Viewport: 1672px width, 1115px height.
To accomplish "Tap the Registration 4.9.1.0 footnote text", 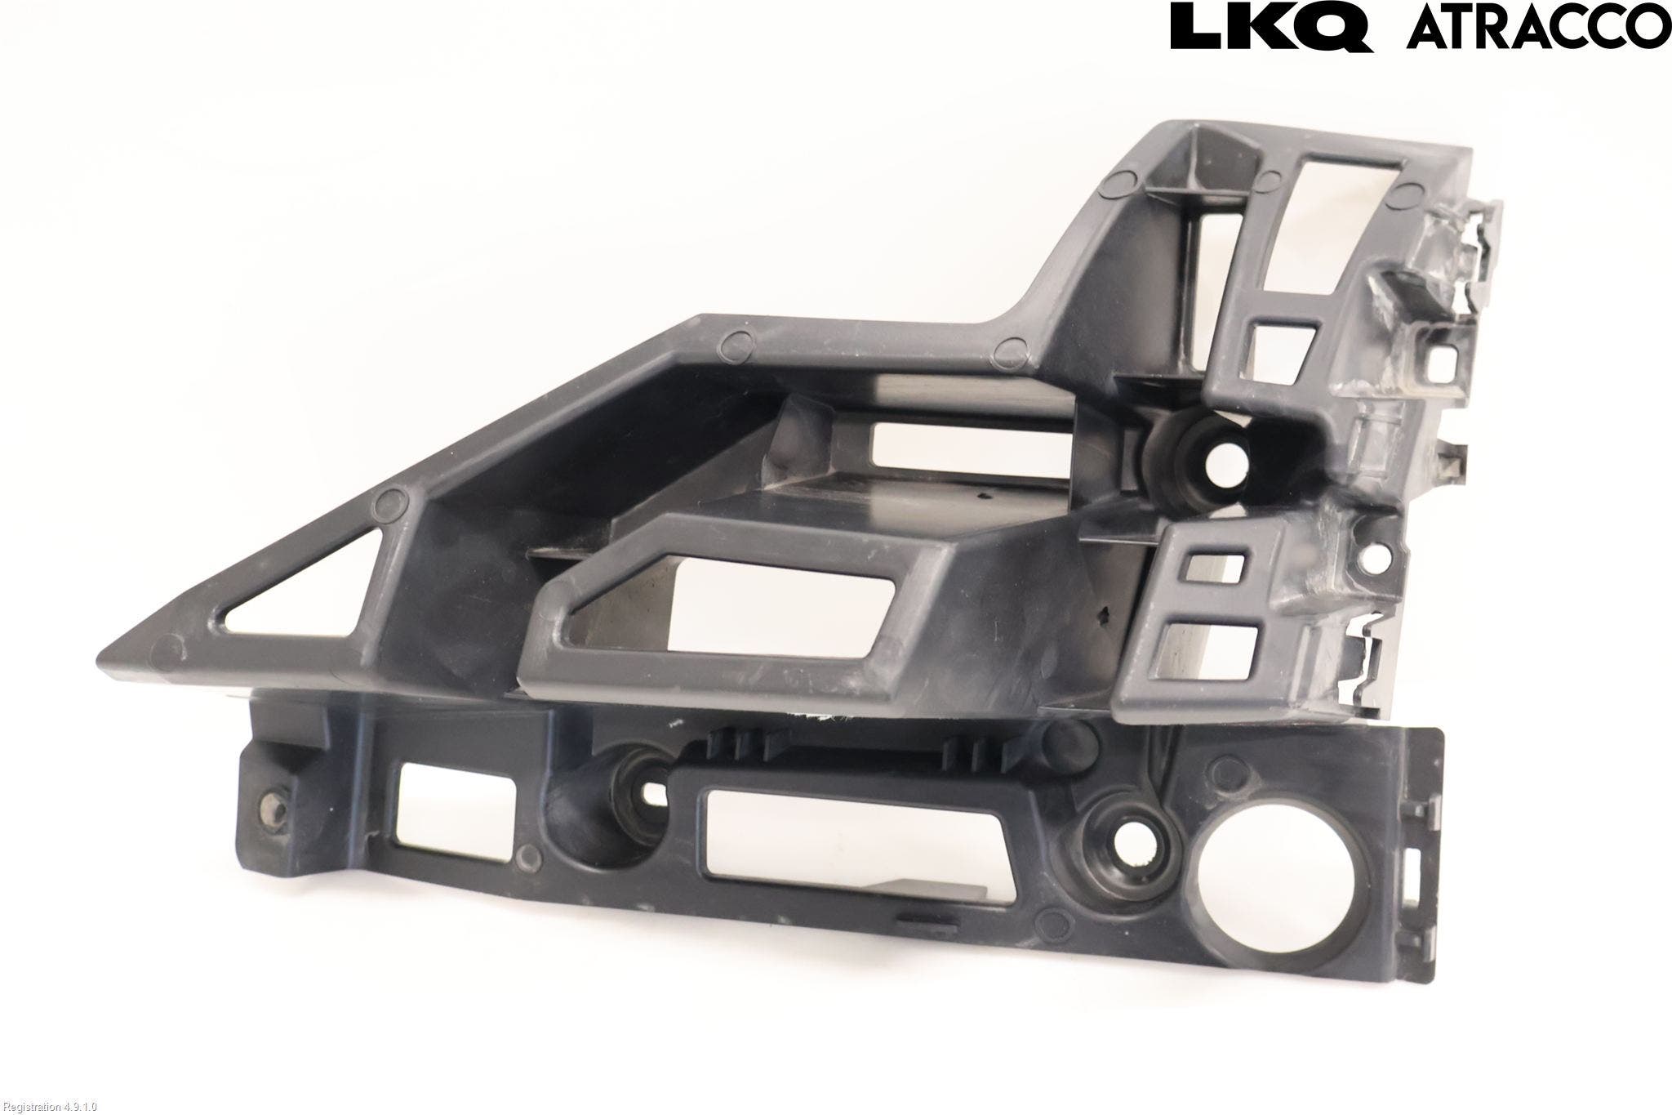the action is (49, 1107).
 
